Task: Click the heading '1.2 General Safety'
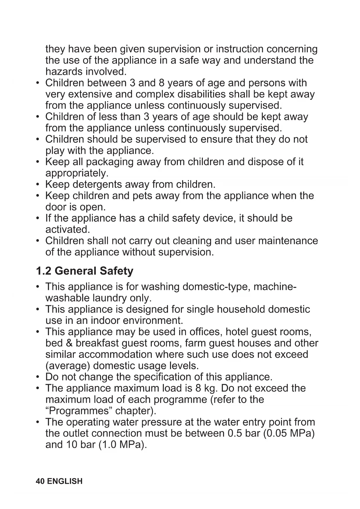(x=84, y=271)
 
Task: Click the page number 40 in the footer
(x=40, y=481)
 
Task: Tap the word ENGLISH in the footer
(x=65, y=481)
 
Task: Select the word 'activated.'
(x=68, y=230)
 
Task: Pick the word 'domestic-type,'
(x=216, y=287)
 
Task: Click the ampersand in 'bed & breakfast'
(x=69, y=343)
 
